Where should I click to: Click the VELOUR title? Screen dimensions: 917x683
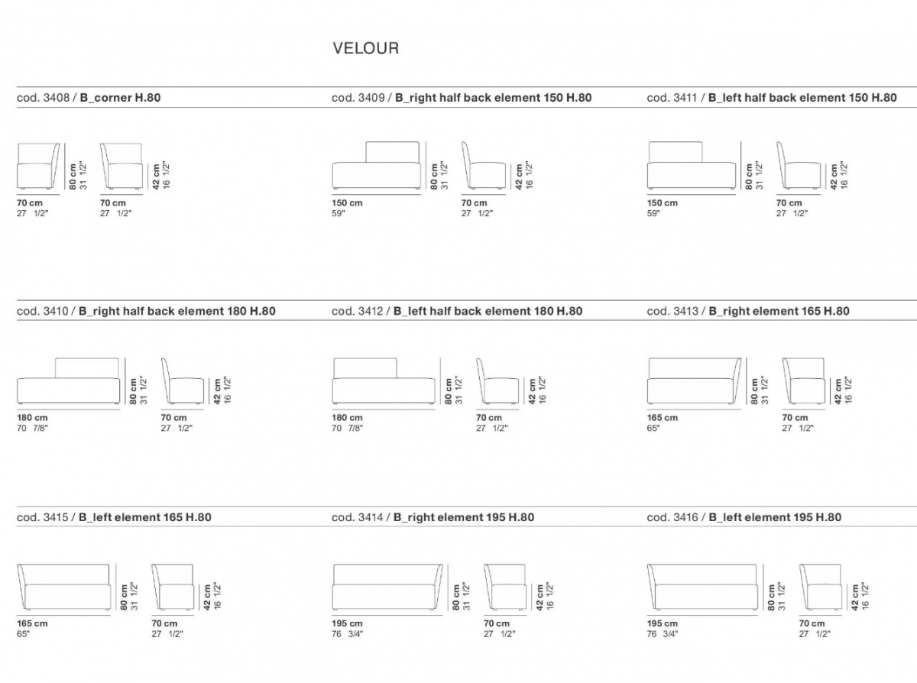tap(366, 48)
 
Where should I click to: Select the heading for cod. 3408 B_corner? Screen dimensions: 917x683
tap(89, 98)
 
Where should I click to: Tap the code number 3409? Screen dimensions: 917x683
tap(371, 98)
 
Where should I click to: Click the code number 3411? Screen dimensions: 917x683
tap(685, 98)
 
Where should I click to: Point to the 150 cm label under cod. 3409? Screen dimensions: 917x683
tap(347, 203)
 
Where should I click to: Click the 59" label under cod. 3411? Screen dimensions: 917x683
tap(653, 213)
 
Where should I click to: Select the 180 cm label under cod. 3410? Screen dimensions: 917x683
tap(32, 418)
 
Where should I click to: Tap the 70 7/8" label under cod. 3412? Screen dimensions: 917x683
tap(347, 428)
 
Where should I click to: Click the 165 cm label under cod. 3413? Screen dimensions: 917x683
tap(663, 418)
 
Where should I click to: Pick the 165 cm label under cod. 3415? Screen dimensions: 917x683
tap(32, 623)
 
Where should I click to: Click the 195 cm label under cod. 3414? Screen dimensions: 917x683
tap(347, 623)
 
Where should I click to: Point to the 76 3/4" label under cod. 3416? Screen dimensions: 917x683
tap(663, 634)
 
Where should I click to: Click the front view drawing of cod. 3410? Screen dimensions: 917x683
tap(69, 380)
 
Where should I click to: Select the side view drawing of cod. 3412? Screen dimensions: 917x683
tap(497, 380)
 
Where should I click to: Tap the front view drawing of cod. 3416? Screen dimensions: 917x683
tap(702, 587)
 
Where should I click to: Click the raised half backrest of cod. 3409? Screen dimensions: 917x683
tap(392, 152)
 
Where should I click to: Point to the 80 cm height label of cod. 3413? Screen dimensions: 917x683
tap(754, 391)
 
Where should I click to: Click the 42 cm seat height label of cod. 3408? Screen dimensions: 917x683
tap(156, 176)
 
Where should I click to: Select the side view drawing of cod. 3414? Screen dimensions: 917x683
tap(505, 587)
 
